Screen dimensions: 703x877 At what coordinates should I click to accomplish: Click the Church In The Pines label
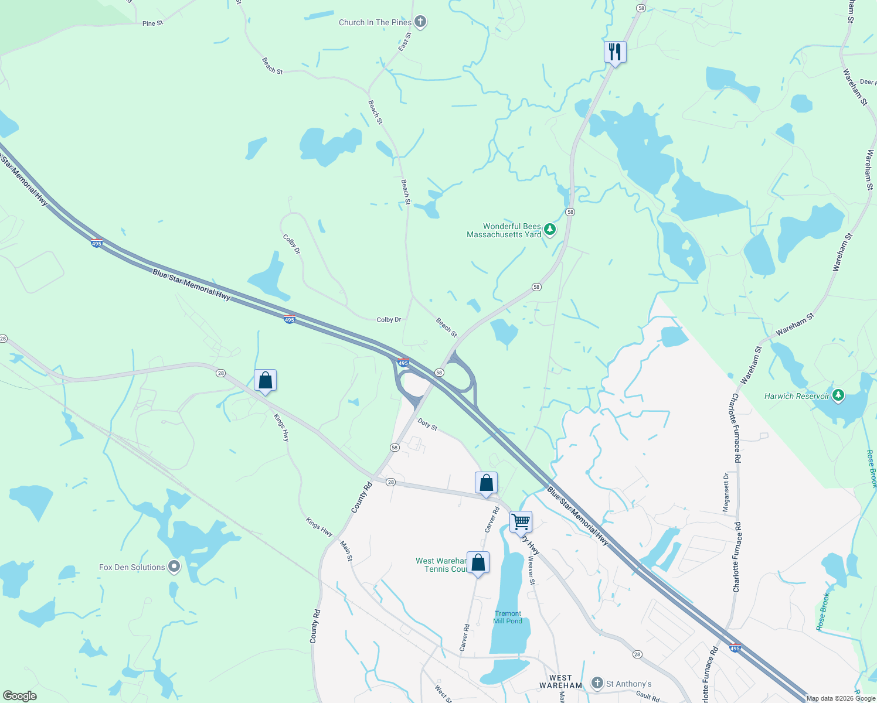coord(375,22)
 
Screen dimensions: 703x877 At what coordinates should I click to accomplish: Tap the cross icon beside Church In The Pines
coord(420,22)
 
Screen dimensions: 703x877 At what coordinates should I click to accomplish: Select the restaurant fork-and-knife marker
coord(615,52)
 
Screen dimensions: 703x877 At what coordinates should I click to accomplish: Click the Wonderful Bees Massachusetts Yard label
coord(504,230)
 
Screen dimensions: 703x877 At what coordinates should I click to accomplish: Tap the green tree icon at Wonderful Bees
coord(549,229)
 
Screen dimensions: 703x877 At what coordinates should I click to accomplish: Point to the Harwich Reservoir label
coord(797,396)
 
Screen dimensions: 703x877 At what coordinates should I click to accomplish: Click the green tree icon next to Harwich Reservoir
coord(838,395)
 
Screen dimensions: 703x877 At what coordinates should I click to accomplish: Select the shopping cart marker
coord(521,521)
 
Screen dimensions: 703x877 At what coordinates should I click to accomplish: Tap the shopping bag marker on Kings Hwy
coord(265,381)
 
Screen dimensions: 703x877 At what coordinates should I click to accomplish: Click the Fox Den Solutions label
coord(132,567)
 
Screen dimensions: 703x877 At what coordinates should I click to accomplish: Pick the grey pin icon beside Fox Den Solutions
coord(174,567)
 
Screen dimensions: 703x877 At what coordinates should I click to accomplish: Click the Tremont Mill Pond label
coord(507,617)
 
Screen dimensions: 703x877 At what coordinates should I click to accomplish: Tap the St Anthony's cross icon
coord(597,683)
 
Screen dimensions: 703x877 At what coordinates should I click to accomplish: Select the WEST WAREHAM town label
coord(560,681)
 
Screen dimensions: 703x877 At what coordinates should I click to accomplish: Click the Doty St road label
coord(428,424)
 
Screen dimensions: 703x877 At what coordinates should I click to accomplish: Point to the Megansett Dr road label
coord(726,493)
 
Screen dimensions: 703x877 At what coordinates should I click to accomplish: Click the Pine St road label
coord(152,23)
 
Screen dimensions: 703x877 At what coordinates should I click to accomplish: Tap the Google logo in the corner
coord(19,696)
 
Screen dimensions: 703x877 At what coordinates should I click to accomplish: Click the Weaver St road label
coord(531,570)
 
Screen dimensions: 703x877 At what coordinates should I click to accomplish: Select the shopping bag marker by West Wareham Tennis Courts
coord(478,563)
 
